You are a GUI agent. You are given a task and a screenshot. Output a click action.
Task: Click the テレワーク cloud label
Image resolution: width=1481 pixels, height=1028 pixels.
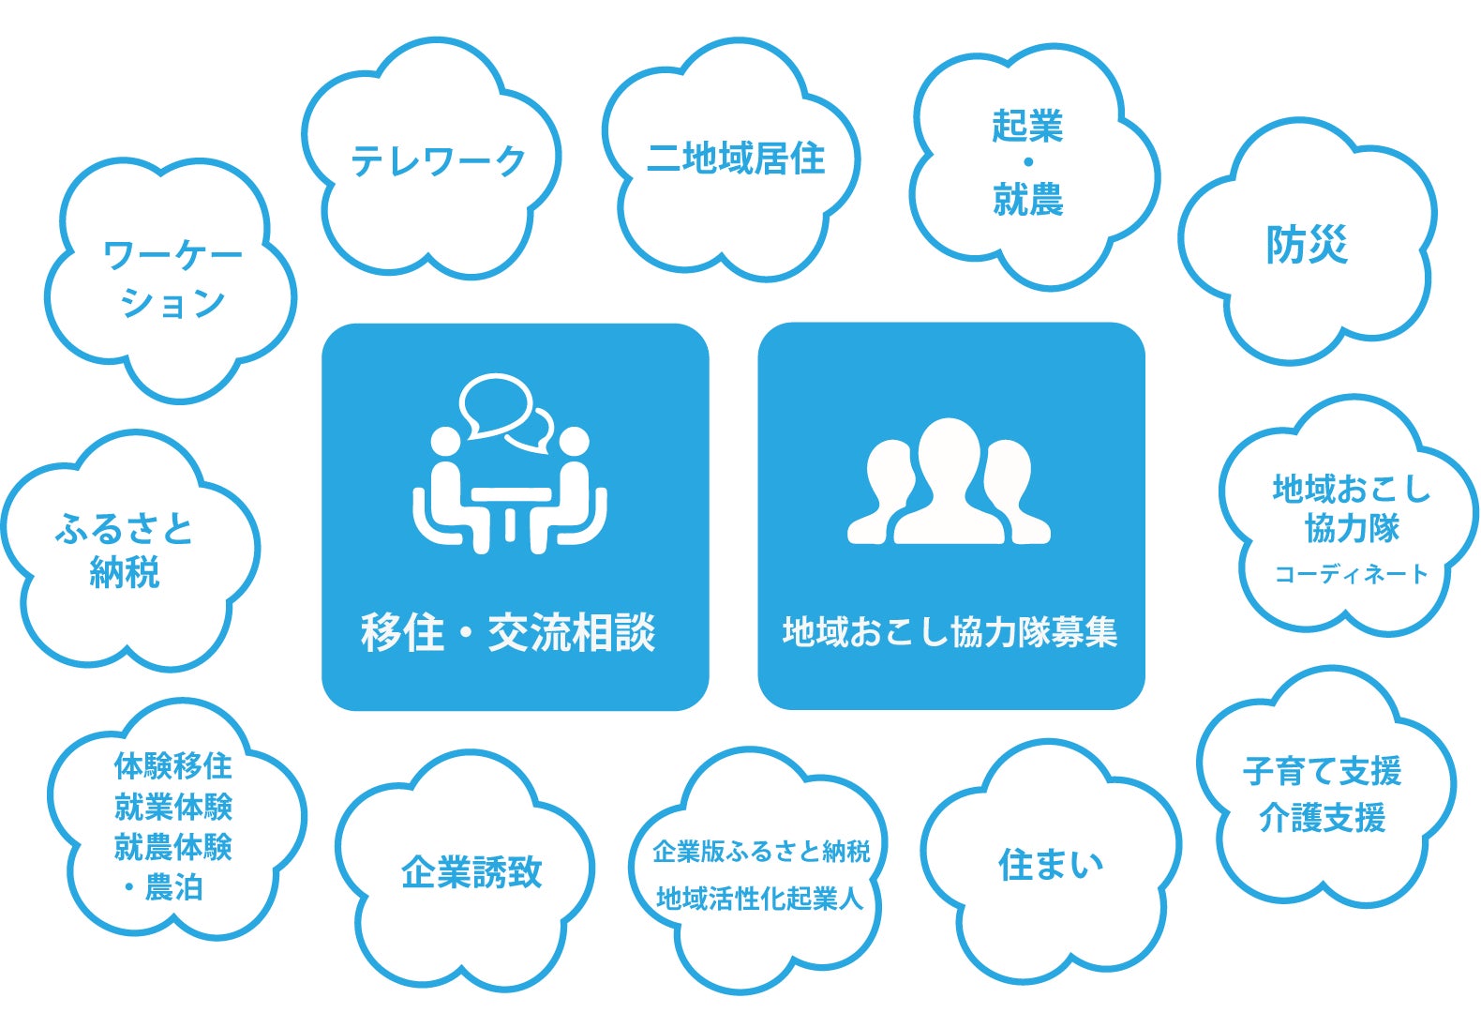point(438,161)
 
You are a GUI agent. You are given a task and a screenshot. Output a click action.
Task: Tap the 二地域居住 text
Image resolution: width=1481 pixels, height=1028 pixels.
point(736,159)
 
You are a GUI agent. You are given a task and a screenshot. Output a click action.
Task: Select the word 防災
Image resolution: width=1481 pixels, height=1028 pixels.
point(1307,246)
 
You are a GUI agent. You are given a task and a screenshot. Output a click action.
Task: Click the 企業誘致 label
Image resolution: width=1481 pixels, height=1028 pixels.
point(471,872)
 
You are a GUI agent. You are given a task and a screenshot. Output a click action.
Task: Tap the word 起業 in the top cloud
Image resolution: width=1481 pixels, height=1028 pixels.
point(1027,127)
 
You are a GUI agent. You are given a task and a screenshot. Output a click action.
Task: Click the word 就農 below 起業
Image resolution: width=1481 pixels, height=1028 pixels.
point(1027,200)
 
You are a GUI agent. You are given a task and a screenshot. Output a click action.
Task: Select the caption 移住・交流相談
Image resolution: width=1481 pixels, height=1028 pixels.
point(508,632)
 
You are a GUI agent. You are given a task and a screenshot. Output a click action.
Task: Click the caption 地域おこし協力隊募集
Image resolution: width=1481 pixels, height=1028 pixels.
point(950,632)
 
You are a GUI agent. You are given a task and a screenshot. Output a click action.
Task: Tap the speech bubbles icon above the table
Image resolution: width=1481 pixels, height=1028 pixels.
point(503,411)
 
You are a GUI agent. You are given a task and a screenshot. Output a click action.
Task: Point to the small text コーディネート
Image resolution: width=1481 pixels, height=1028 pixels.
point(1351,574)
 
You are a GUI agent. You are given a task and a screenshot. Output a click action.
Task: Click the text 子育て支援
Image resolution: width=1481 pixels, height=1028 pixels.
point(1322,771)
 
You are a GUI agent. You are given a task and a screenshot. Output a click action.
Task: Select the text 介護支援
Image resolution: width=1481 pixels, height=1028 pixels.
point(1322,818)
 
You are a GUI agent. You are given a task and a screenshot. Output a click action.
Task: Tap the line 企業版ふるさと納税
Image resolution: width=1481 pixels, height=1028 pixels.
point(761,852)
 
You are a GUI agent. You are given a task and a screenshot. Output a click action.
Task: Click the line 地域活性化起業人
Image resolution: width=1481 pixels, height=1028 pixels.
point(759,899)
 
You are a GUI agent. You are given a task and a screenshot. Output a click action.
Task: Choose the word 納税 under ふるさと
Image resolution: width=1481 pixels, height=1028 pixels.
point(125,572)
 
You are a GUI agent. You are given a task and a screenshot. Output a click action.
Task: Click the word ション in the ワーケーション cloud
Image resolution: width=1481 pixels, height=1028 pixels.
point(172,302)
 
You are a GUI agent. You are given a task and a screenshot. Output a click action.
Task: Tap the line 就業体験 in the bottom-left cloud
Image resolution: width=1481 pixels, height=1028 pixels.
point(172,807)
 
